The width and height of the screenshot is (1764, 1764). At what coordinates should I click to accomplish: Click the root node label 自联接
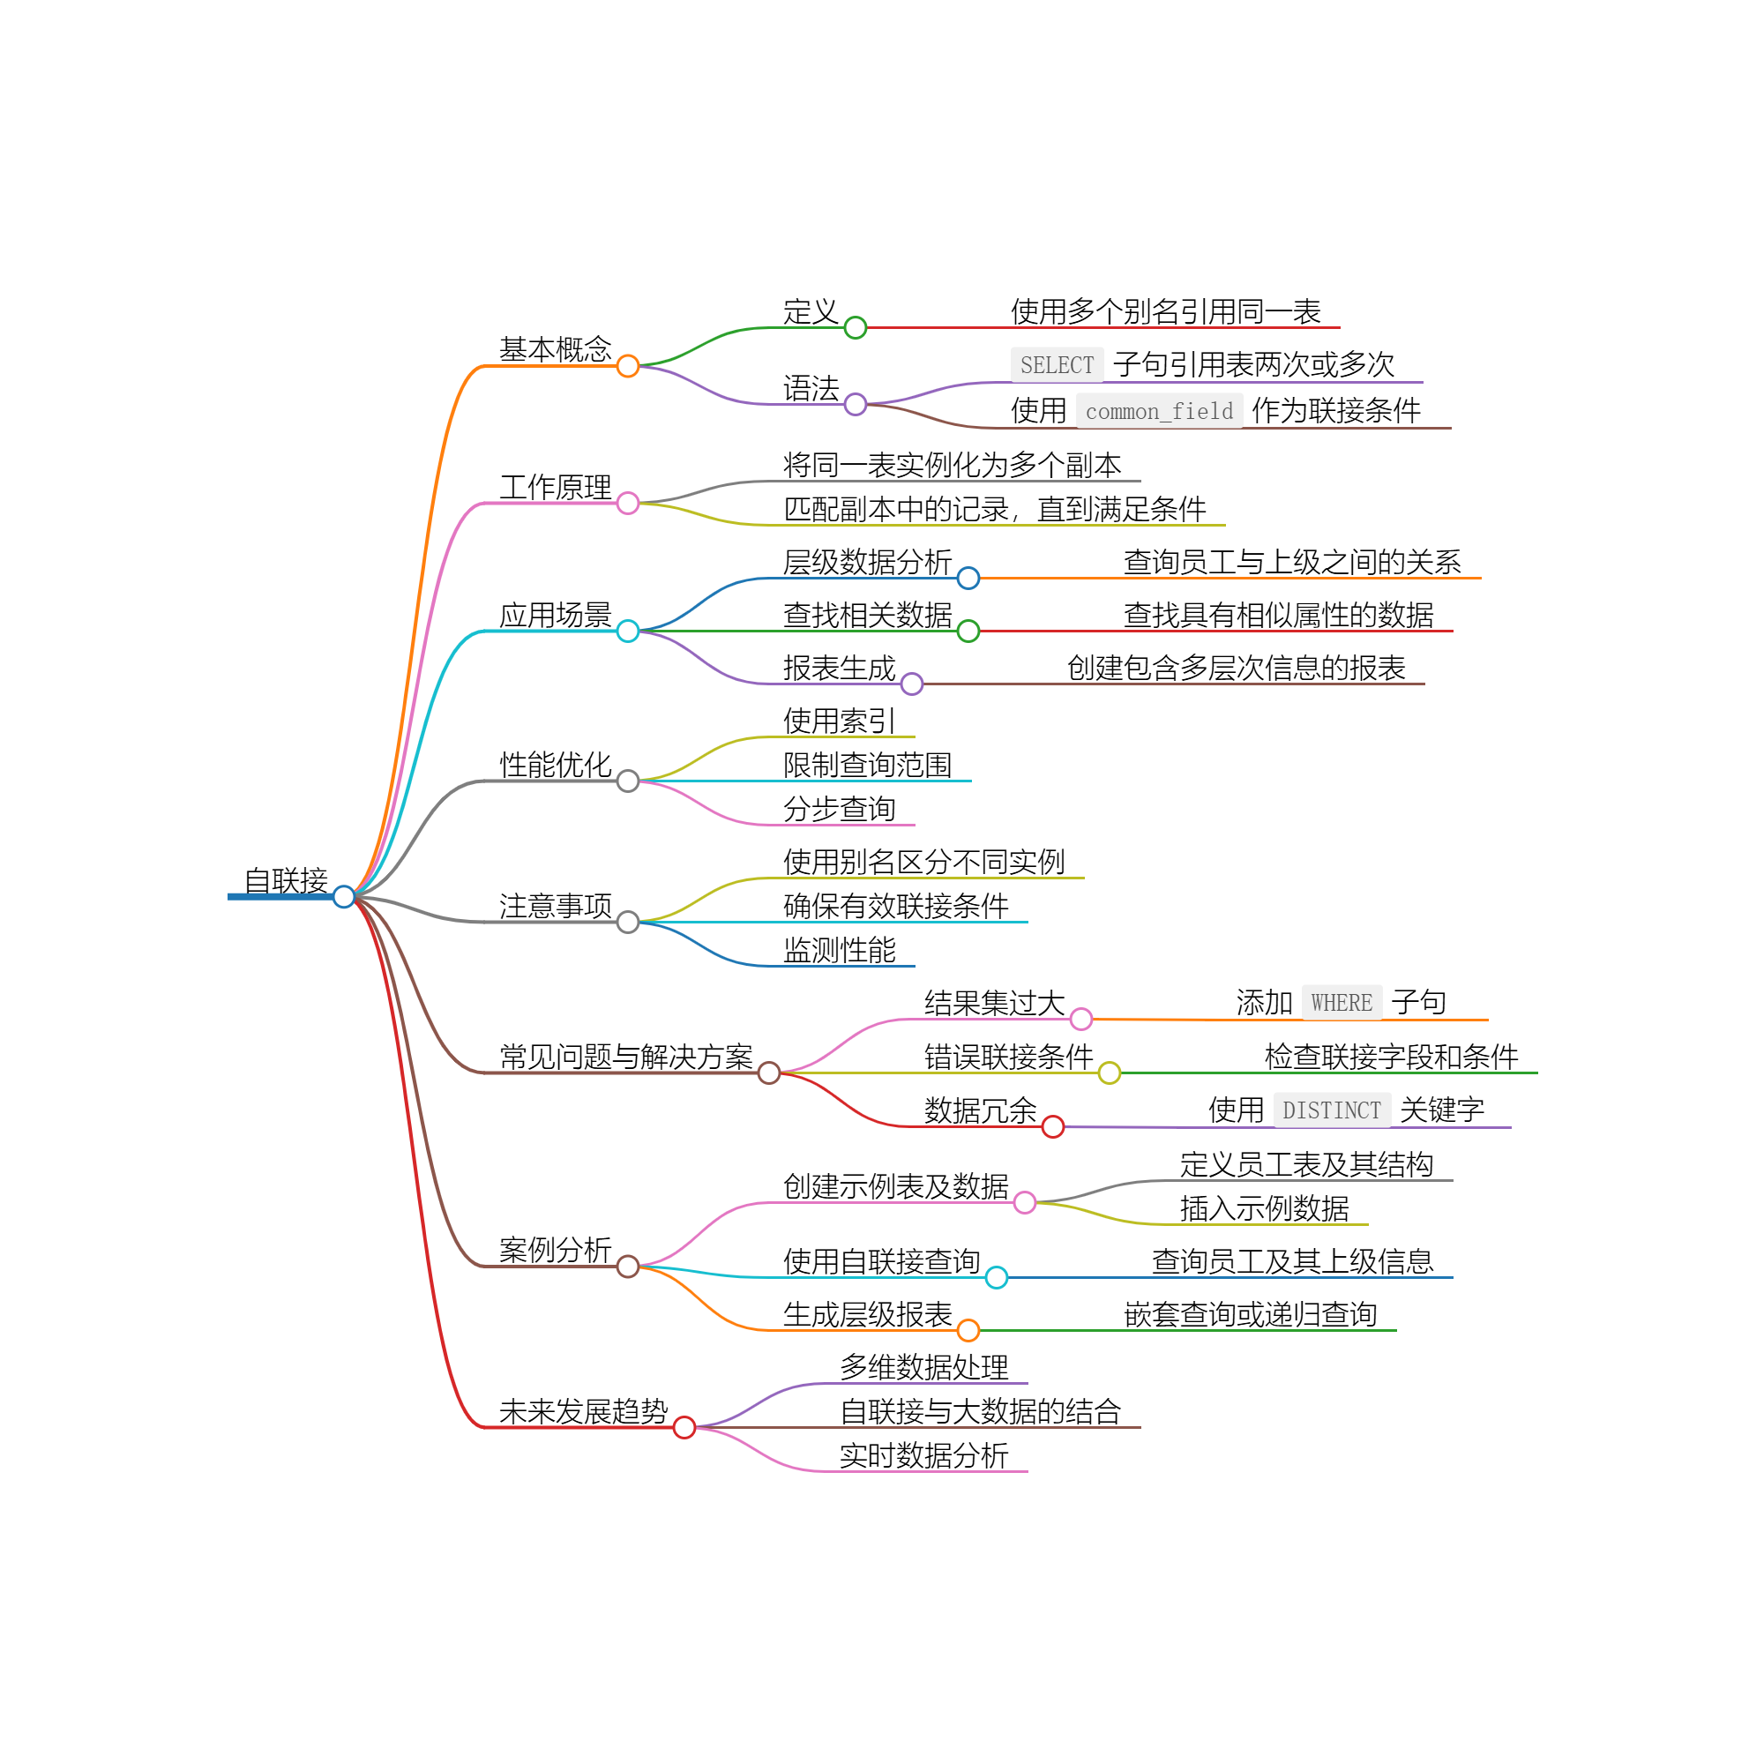[286, 880]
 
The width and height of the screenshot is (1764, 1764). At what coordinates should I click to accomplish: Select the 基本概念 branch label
[555, 348]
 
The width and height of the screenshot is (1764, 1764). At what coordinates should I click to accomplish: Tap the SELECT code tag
[1057, 365]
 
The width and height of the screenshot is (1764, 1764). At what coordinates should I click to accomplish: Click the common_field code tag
[1159, 412]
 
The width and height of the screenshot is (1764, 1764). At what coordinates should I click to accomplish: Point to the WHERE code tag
[1342, 1003]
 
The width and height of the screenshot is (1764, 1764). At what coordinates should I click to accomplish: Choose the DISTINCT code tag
[1331, 1110]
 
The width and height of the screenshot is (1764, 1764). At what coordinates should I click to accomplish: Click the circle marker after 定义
[856, 328]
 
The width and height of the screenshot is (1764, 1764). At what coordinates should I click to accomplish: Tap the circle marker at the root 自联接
[343, 897]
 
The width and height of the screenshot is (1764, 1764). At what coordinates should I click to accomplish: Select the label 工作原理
[555, 487]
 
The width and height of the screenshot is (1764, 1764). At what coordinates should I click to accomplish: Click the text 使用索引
[839, 721]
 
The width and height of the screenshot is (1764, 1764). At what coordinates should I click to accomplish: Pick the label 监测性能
[839, 951]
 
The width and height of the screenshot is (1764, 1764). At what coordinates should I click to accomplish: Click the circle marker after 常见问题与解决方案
[769, 1073]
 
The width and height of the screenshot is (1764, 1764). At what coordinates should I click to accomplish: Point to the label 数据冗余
[981, 1110]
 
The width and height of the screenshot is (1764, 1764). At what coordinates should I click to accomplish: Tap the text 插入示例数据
[1265, 1209]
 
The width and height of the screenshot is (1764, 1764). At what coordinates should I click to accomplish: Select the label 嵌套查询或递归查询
[1250, 1315]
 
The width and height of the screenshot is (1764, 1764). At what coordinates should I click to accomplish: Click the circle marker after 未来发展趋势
[684, 1427]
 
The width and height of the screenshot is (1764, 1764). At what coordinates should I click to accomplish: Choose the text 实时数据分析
[924, 1455]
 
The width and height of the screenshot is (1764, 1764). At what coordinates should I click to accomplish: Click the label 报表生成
[839, 669]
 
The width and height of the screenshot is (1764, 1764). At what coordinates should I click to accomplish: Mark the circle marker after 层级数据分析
[968, 578]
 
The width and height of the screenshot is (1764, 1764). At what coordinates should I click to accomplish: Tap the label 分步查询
[839, 809]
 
